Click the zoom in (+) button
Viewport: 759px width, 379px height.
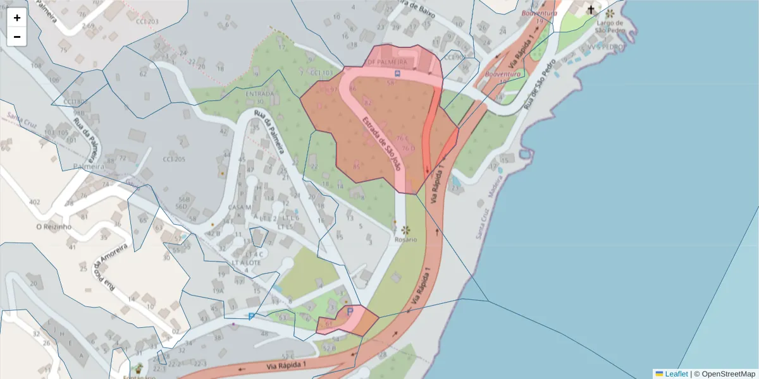[x=17, y=18]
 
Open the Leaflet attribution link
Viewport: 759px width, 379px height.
[x=676, y=374]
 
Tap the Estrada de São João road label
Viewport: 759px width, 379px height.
[x=382, y=143]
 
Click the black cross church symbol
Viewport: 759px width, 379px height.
[x=591, y=9]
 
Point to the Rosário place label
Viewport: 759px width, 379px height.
[x=405, y=240]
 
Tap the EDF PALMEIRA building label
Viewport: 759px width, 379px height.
[x=386, y=63]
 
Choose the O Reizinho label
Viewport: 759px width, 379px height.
[x=53, y=226]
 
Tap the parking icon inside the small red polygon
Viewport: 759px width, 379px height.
[x=350, y=311]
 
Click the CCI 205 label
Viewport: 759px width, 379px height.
[x=174, y=159]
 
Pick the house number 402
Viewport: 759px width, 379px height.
[x=34, y=202]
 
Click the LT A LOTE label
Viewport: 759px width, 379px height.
[x=247, y=262]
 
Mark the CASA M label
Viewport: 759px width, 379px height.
[x=240, y=207]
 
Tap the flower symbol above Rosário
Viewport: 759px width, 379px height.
[x=405, y=230]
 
